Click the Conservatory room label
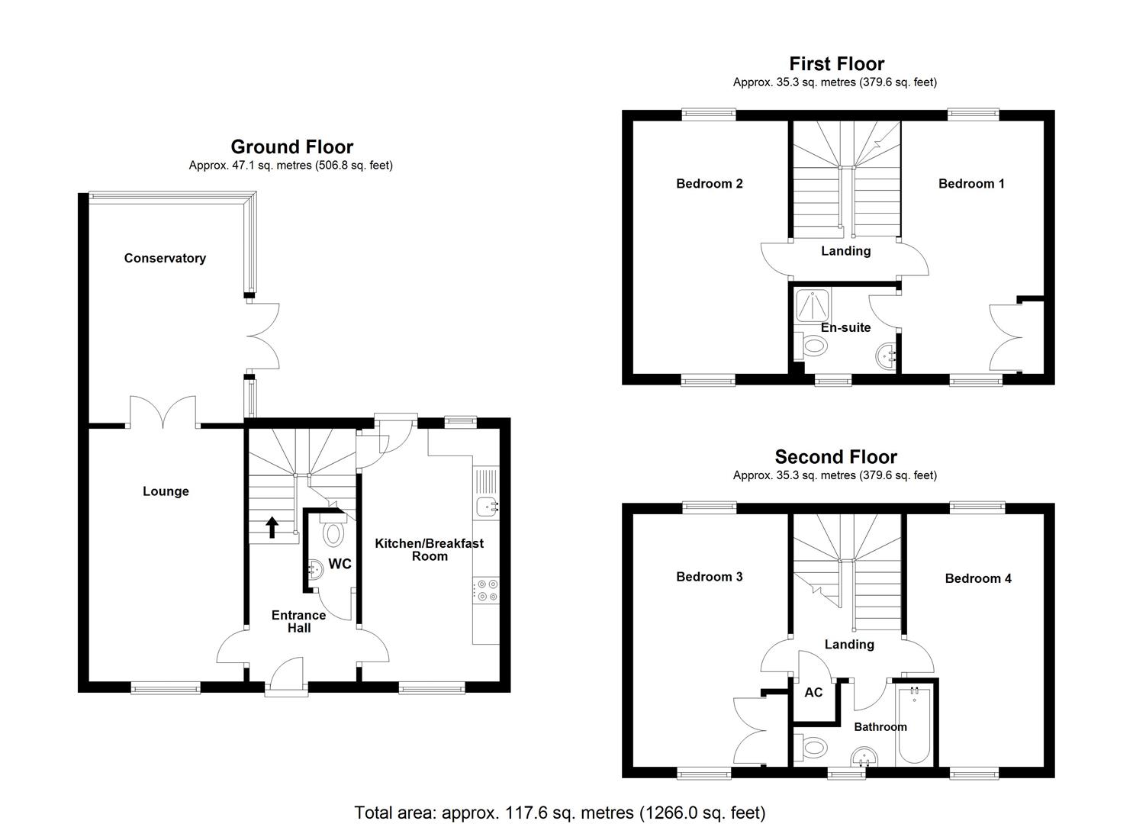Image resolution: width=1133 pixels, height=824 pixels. pos(165,258)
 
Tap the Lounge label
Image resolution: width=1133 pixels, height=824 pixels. pos(166,491)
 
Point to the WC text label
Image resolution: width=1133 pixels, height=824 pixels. pos(340,564)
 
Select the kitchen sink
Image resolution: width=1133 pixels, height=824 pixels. pos(485,504)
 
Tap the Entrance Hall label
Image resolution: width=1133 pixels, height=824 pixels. pos(299,621)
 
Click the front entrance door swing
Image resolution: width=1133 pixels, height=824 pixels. pos(286,674)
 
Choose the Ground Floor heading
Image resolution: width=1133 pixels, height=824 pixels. pos(291,146)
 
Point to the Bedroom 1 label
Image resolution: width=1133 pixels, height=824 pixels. pos(971,183)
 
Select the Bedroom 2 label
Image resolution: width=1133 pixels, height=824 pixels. pos(709,183)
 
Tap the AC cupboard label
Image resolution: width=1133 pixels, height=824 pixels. pos(813,692)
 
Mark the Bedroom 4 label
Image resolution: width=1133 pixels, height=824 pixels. pos(977,578)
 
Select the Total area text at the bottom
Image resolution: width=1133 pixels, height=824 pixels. pos(559,813)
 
